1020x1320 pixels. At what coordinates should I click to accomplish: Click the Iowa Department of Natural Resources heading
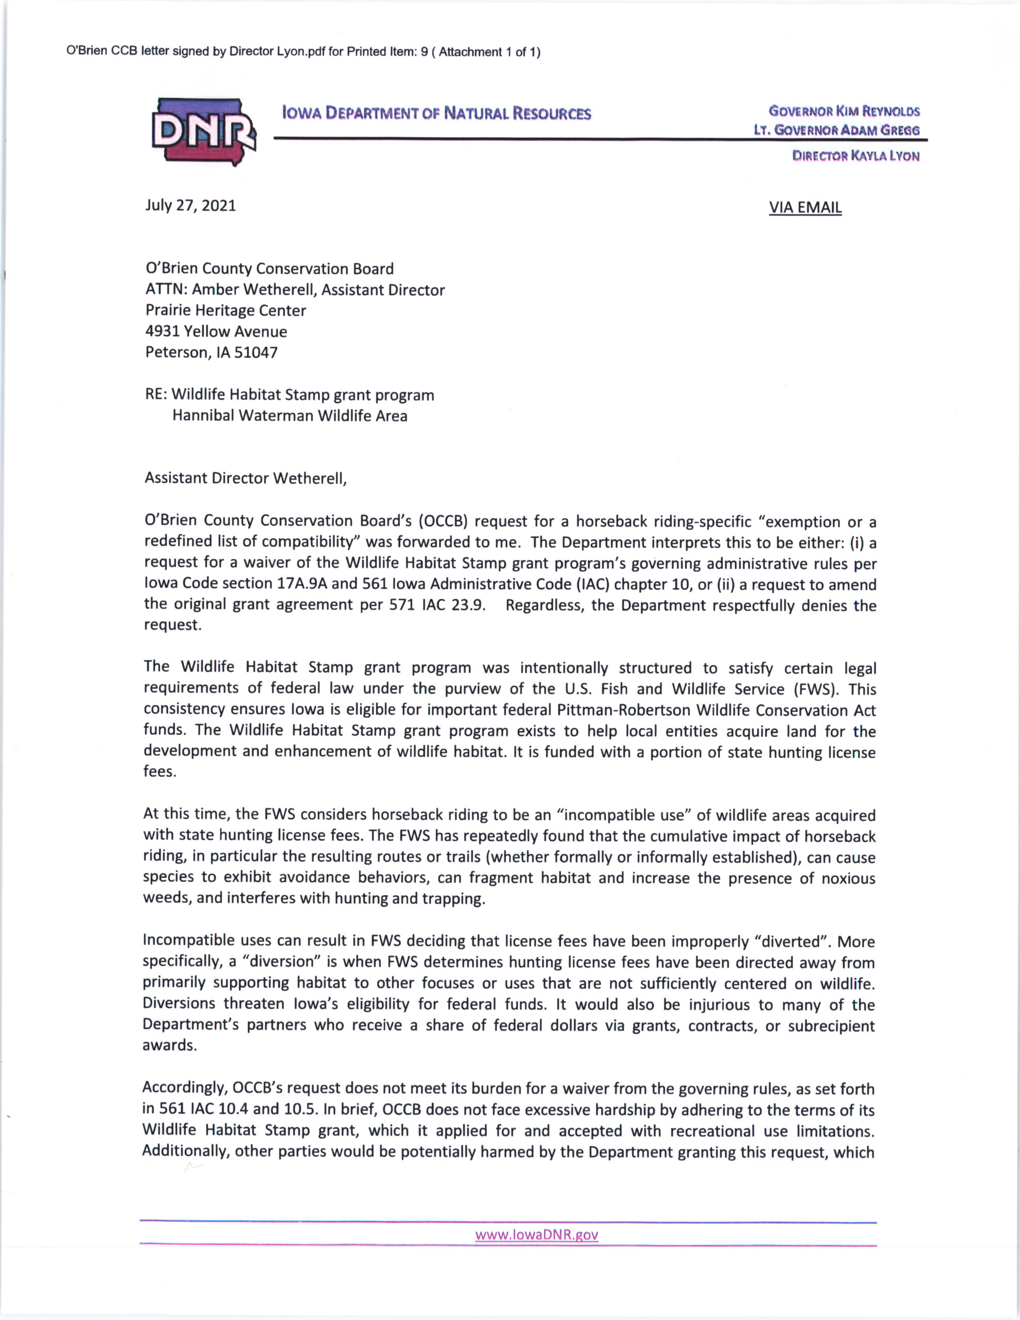pos(436,113)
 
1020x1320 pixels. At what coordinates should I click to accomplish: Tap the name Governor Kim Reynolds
pos(844,111)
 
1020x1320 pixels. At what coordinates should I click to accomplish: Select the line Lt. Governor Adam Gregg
pos(836,130)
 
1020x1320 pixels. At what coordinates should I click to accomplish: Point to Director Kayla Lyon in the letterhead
pos(855,156)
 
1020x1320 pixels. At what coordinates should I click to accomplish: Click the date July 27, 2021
pos(190,206)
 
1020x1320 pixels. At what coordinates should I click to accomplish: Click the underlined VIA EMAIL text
pos(805,207)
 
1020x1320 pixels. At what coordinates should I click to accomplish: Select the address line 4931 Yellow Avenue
pos(216,331)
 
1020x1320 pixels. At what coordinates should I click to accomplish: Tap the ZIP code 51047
pos(255,352)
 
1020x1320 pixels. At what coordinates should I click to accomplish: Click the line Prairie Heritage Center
pos(225,310)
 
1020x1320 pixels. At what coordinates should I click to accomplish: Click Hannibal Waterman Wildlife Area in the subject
pos(289,416)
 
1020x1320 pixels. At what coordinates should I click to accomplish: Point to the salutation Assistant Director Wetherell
pos(246,478)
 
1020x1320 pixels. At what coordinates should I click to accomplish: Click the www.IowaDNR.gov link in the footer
pos(536,1234)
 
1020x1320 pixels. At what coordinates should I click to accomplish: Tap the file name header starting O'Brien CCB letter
pos(303,52)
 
